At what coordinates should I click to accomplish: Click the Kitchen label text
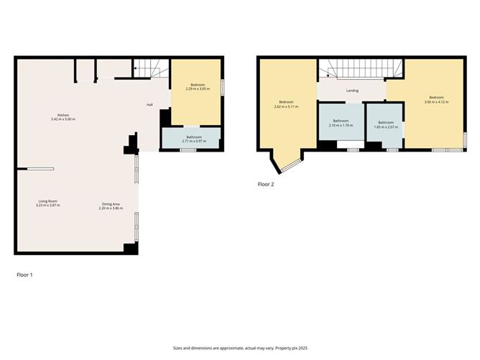63,115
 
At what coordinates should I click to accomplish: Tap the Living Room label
47,201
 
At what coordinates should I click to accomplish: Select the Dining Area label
110,205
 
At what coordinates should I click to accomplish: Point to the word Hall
149,105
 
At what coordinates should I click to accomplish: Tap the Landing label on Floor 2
352,91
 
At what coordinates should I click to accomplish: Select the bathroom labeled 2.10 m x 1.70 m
340,123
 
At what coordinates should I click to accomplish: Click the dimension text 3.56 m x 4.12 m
436,102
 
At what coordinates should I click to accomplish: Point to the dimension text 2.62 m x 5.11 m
286,106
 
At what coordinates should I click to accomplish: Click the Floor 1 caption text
25,274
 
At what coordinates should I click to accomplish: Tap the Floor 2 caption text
266,184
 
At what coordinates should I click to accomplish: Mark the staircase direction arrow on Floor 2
327,75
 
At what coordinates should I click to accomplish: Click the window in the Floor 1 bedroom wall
221,87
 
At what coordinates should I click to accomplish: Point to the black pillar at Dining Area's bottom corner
130,249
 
